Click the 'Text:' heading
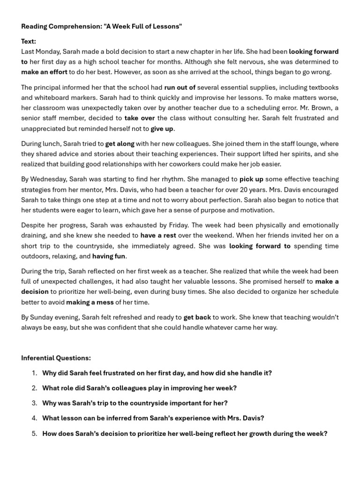[29, 41]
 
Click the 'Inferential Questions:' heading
[56, 358]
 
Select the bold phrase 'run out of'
[180, 88]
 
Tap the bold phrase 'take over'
[140, 118]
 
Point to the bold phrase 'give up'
[162, 128]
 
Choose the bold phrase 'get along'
[120, 144]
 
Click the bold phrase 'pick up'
[251, 179]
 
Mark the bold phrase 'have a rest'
[158, 235]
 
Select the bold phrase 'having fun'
[109, 256]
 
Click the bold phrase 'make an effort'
[44, 72]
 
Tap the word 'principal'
[48, 88]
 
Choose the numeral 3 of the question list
[34, 403]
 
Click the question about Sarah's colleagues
[139, 388]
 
